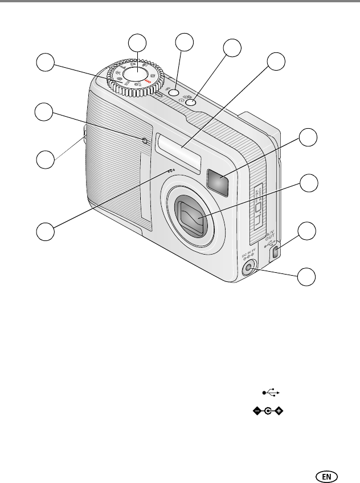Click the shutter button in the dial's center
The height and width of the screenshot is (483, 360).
[135, 75]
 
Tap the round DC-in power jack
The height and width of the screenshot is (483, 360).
[248, 269]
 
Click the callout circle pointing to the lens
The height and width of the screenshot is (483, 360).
[308, 183]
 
